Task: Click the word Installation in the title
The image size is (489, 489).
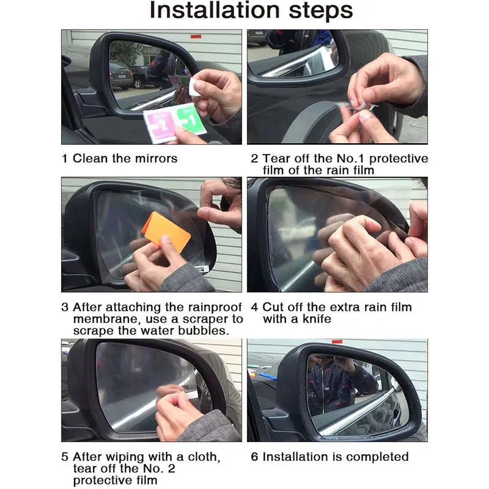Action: [215, 10]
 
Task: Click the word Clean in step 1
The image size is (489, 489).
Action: [90, 158]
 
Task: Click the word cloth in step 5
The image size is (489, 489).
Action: [204, 457]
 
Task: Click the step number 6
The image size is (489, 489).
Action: [254, 457]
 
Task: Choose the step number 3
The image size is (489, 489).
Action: [65, 307]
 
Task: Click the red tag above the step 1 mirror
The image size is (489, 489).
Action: [196, 37]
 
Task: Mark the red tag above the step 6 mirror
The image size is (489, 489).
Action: [337, 342]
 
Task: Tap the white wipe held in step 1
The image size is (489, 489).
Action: [194, 87]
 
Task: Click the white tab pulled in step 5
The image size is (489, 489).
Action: [191, 395]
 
